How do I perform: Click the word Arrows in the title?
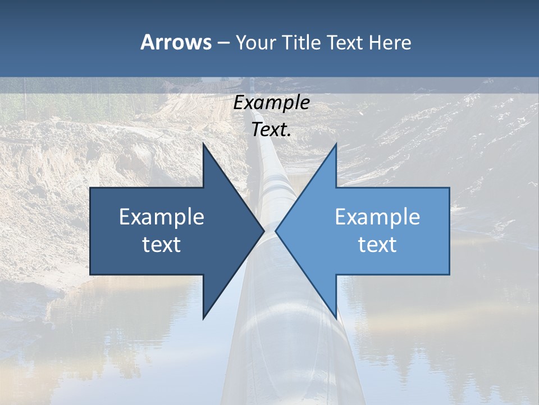(x=176, y=42)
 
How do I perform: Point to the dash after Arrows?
(x=223, y=43)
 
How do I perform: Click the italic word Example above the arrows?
(x=271, y=103)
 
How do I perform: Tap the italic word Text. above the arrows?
(x=271, y=130)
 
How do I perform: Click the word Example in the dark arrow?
(x=162, y=217)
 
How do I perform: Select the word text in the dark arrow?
(x=162, y=244)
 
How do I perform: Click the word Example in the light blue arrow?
(x=377, y=217)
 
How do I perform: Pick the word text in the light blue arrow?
(x=377, y=244)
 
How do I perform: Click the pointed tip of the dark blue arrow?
(x=264, y=231)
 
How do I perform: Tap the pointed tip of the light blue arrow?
(x=276, y=231)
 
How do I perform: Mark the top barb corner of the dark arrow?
(x=203, y=143)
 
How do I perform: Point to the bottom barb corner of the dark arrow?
(x=203, y=318)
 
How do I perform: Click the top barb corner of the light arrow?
(x=336, y=143)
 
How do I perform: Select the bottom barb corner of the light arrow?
(x=336, y=318)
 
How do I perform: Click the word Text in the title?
(x=344, y=42)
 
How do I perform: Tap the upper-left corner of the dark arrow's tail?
(x=90, y=188)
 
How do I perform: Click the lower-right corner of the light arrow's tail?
(x=449, y=274)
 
